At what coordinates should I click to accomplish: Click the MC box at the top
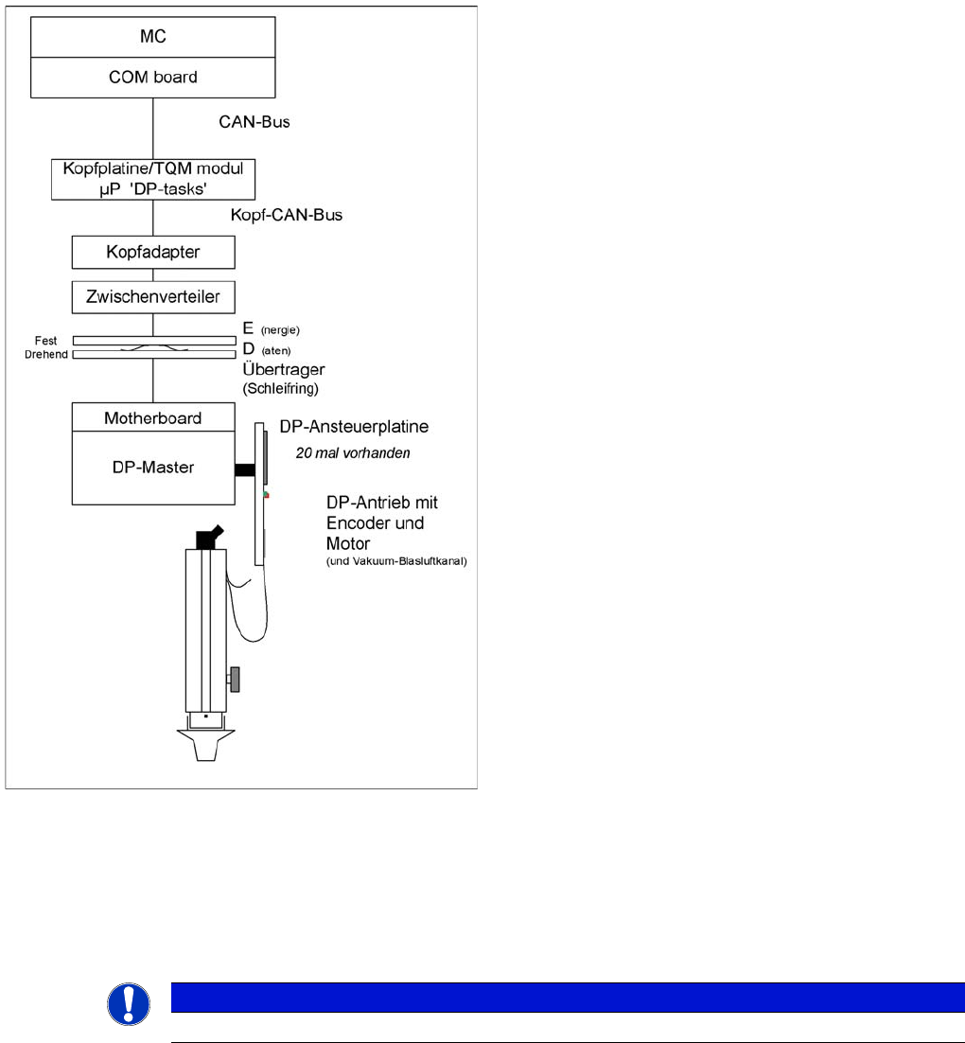point(153,37)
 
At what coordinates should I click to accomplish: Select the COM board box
point(153,77)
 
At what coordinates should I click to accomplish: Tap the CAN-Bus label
point(254,121)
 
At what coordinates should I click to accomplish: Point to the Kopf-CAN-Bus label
point(286,215)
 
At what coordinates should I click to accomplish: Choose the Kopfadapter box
point(153,254)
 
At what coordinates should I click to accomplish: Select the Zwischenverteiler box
point(153,297)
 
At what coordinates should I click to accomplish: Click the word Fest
point(46,340)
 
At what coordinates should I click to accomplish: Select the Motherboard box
point(153,417)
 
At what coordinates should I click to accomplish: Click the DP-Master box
point(153,467)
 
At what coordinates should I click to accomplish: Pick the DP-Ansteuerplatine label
point(354,427)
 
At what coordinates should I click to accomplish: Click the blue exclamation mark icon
point(129,1003)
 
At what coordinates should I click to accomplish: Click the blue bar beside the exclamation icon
point(568,997)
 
